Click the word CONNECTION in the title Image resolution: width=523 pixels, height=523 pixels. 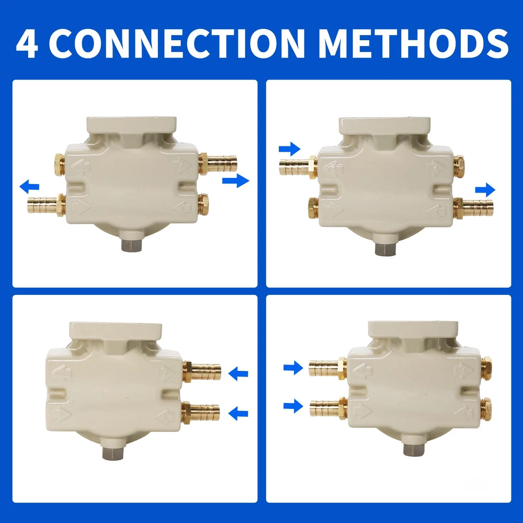179,43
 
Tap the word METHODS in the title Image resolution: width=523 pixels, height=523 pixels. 414,43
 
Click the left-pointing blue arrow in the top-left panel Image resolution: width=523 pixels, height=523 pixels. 29,187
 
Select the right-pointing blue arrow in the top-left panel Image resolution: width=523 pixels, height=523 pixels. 235,180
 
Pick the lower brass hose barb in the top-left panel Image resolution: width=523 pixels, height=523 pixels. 46,206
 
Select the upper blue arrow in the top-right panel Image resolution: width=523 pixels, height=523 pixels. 290,149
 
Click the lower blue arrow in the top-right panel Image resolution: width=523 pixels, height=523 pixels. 485,190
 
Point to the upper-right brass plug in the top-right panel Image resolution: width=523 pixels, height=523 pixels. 459,166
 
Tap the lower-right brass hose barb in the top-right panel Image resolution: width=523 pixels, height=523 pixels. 473,208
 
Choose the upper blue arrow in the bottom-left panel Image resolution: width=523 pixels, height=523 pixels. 238,373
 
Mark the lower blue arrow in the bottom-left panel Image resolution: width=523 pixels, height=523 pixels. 238,414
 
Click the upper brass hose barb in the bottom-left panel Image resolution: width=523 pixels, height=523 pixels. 202,371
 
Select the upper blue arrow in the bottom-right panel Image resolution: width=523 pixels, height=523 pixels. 293,368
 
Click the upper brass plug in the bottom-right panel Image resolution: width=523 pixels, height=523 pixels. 486,368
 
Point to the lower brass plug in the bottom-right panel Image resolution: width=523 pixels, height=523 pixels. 486,409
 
